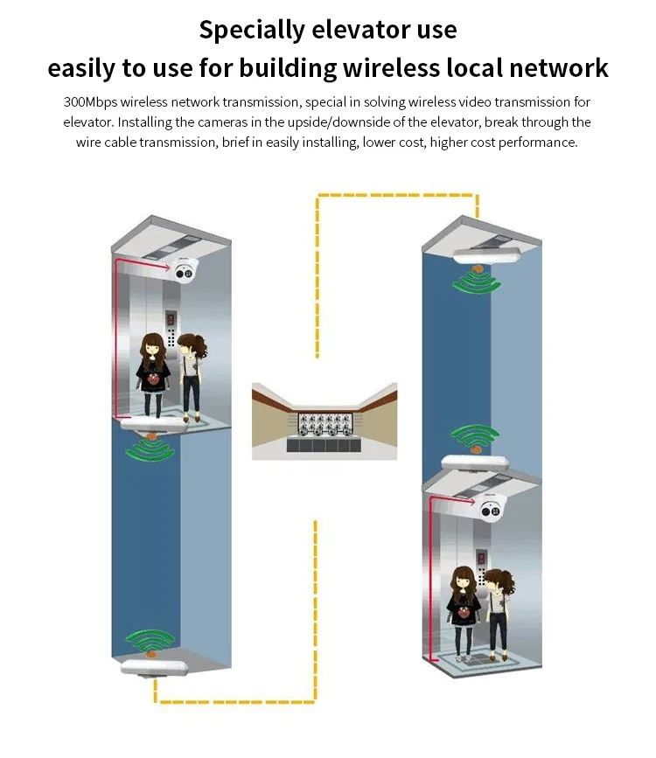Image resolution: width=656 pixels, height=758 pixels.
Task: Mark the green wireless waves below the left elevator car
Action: click(152, 449)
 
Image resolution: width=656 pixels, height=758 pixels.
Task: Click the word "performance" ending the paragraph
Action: click(539, 143)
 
